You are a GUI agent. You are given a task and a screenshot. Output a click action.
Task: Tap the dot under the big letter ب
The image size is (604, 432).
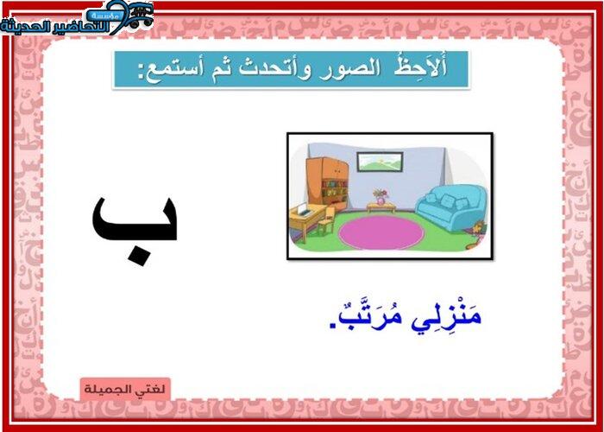(138, 256)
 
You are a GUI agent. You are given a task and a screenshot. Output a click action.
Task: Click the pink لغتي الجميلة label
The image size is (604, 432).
(125, 389)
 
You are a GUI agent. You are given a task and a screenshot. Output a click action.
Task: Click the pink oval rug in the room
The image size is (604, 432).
(381, 232)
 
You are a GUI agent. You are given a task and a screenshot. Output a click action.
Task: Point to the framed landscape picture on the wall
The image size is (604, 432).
(380, 162)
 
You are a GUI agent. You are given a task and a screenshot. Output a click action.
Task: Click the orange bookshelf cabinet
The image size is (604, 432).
(328, 183)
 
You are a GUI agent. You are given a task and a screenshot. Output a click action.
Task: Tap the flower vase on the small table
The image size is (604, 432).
(381, 197)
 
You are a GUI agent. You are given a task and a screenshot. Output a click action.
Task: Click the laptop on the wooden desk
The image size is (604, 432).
(305, 209)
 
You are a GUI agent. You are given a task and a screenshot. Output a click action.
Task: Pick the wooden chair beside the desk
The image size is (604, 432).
(326, 221)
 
